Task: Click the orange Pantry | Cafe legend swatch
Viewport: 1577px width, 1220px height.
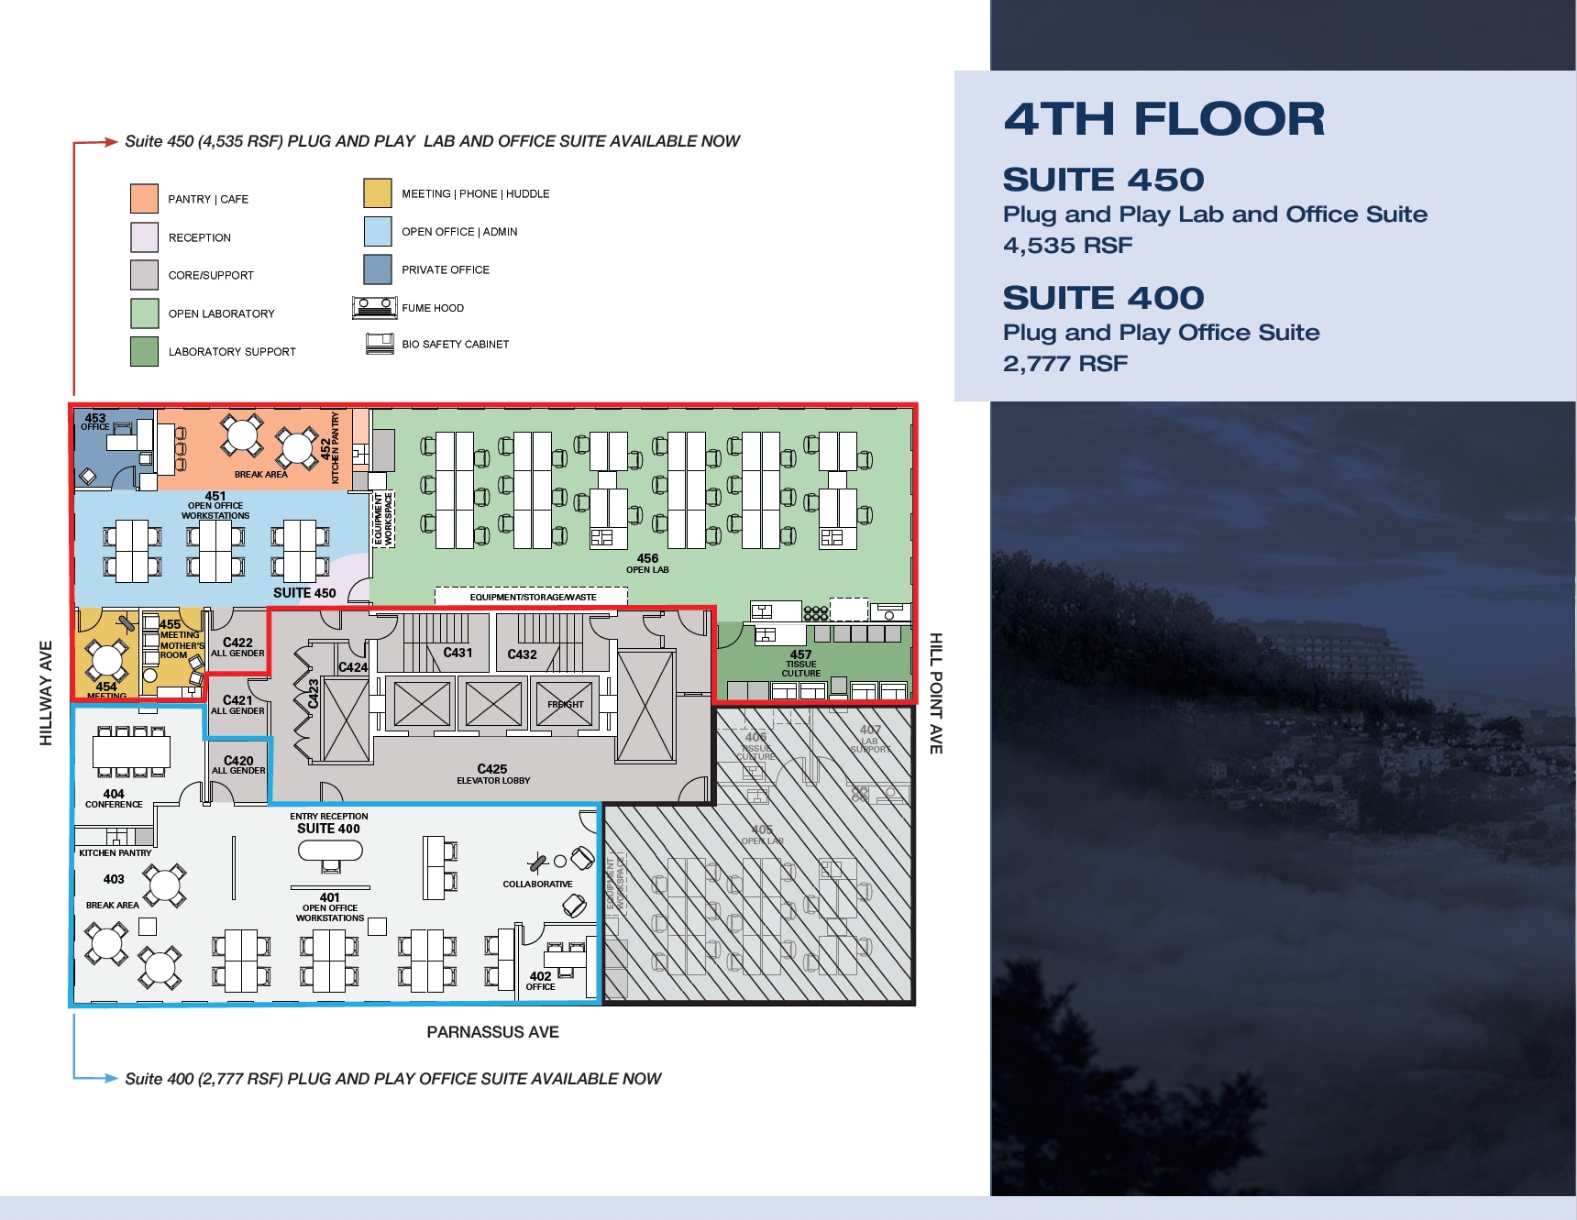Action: tap(145, 199)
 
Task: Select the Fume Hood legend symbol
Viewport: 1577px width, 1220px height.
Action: tap(375, 307)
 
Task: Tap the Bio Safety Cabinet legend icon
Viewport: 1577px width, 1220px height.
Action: tap(380, 344)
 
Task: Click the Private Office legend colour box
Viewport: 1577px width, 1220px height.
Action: tap(378, 269)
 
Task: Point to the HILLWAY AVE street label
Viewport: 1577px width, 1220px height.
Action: tap(46, 693)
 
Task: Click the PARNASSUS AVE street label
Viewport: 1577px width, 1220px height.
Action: tap(492, 1032)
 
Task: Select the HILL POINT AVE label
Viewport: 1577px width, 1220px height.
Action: tap(935, 693)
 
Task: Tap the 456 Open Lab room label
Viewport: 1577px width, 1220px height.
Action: tap(647, 563)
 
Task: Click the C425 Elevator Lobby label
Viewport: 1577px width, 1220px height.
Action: tap(492, 774)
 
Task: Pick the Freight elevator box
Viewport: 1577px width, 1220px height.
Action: tap(565, 704)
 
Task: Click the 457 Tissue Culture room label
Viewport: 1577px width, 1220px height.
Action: tap(800, 663)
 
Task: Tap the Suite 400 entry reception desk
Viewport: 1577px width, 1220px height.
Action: tap(330, 852)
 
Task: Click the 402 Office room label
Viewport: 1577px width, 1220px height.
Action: tap(540, 980)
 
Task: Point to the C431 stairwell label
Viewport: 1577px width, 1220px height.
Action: tap(458, 653)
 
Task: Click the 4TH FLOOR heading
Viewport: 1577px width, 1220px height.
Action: tap(1164, 119)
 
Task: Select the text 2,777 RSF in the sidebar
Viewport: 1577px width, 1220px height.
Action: tap(1065, 364)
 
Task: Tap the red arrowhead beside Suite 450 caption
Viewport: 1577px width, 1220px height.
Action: tap(110, 141)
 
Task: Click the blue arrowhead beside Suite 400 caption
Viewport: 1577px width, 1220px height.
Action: tap(110, 1078)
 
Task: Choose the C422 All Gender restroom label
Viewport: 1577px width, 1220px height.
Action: tap(237, 646)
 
